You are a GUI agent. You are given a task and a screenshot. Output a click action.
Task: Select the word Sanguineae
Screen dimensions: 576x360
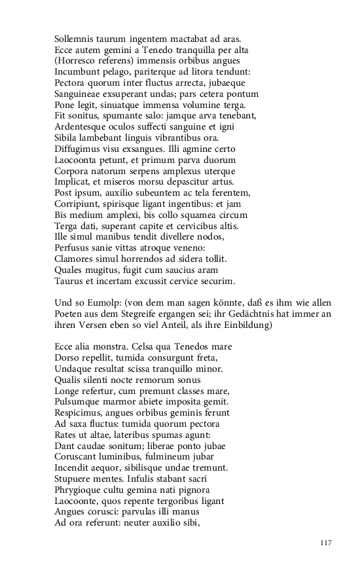pos(79,94)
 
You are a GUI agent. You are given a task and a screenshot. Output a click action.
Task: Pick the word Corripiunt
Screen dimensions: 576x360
pos(78,204)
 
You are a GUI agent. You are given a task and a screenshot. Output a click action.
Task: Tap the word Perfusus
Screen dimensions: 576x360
pos(73,247)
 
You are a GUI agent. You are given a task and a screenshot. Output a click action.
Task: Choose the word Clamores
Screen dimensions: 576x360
pos(75,259)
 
